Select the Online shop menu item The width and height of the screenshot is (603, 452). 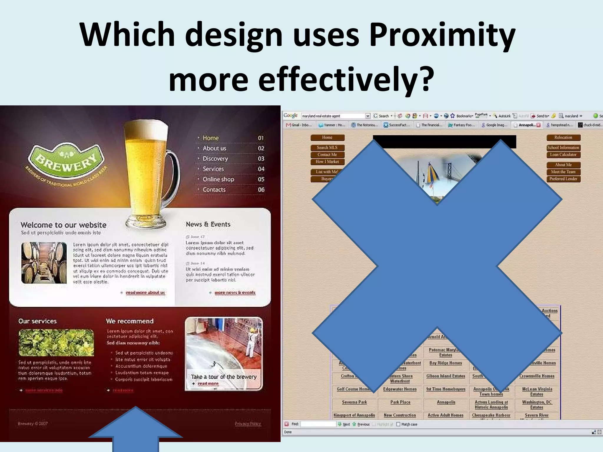click(x=218, y=179)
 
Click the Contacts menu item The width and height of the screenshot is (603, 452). click(x=214, y=190)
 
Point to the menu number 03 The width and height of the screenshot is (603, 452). click(x=261, y=159)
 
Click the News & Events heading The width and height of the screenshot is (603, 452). click(x=208, y=224)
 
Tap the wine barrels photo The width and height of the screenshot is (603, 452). click(x=44, y=263)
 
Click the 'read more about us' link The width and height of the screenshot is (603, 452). click(x=145, y=293)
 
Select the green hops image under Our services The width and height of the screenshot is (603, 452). click(x=56, y=343)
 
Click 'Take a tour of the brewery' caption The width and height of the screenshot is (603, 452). click(x=223, y=377)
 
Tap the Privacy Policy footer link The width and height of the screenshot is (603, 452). click(x=248, y=423)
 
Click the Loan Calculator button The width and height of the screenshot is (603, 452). click(x=563, y=155)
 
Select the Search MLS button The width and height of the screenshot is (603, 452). click(x=327, y=148)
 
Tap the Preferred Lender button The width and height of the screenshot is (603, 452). click(x=563, y=179)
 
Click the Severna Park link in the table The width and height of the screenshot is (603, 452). click(x=354, y=402)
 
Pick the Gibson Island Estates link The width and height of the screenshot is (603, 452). click(x=445, y=376)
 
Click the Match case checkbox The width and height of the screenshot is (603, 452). click(x=398, y=424)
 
